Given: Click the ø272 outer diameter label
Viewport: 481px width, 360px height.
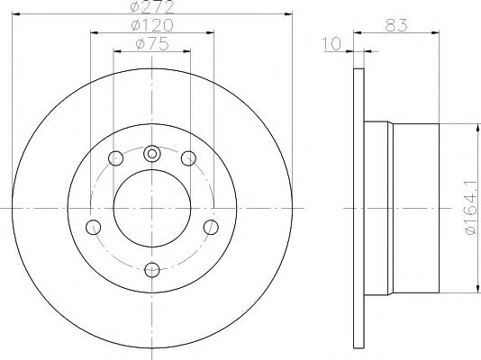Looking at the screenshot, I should tap(151, 7).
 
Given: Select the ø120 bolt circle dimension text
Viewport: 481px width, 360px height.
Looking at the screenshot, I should tap(151, 26).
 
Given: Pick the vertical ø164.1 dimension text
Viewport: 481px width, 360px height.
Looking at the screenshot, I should tap(469, 208).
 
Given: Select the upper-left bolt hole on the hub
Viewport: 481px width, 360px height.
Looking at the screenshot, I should tap(114, 159).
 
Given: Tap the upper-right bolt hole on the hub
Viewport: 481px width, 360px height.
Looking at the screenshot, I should tap(188, 159).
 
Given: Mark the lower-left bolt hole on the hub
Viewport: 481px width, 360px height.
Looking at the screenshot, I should tap(93, 225).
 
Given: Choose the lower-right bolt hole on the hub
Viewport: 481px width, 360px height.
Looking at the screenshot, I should tap(210, 225).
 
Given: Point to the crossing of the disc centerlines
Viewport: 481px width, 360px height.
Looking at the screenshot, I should tap(151, 211).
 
